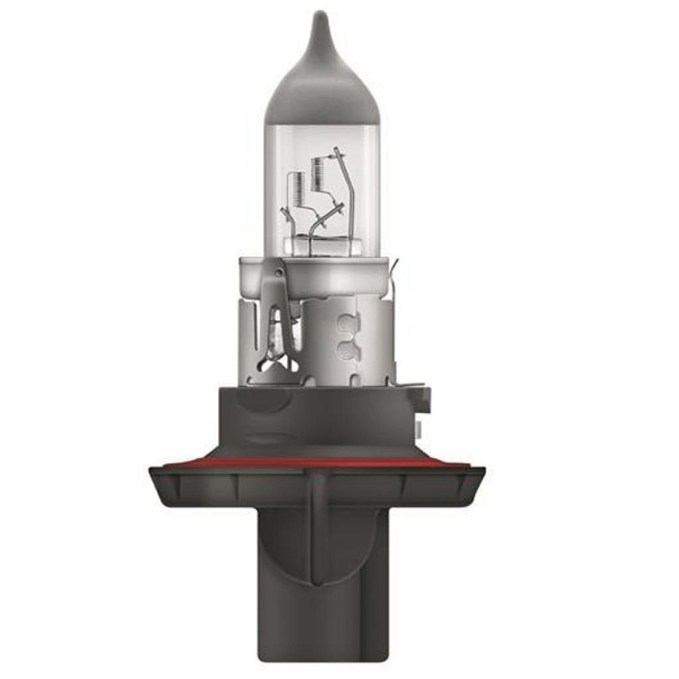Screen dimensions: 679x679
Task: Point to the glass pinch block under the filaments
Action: tap(318, 245)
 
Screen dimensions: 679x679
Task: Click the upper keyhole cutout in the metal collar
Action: tap(345, 324)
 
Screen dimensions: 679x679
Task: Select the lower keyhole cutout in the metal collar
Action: tap(345, 350)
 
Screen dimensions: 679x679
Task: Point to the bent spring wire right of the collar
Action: tap(396, 272)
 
